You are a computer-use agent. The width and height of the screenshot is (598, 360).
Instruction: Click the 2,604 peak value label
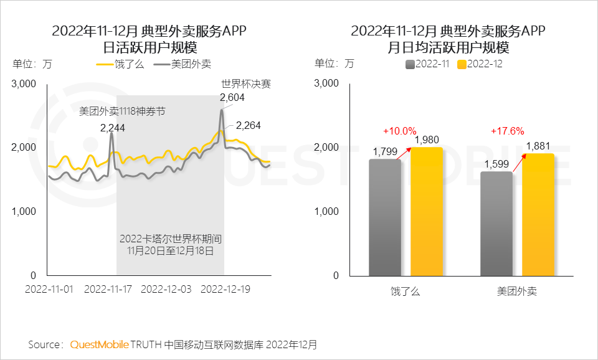tap(232, 98)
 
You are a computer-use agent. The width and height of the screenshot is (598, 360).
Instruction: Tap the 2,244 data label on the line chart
tap(112, 128)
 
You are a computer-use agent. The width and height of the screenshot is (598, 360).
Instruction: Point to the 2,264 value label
tap(248, 126)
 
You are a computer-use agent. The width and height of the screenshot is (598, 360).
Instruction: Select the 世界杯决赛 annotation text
tap(246, 83)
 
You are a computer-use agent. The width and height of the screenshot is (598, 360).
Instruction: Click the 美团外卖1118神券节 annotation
tap(121, 111)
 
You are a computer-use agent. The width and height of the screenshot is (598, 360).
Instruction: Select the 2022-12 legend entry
tap(480, 64)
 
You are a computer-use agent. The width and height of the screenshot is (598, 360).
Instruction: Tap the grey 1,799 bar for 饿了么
tap(385, 218)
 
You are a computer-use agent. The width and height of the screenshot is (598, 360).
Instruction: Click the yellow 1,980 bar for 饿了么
tap(427, 212)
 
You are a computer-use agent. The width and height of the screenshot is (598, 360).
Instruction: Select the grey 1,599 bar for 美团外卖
tap(496, 224)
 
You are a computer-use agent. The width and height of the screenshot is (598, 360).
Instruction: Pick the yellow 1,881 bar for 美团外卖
tap(538, 215)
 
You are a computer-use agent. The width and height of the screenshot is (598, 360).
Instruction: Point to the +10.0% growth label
tap(399, 131)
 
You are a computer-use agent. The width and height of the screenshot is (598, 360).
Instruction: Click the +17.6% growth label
tap(508, 131)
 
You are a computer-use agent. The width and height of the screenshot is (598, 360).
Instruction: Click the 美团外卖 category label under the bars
tap(517, 291)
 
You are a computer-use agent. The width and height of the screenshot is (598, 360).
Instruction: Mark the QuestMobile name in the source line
tap(100, 344)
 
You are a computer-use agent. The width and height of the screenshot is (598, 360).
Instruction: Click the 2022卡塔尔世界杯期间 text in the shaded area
tap(171, 239)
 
